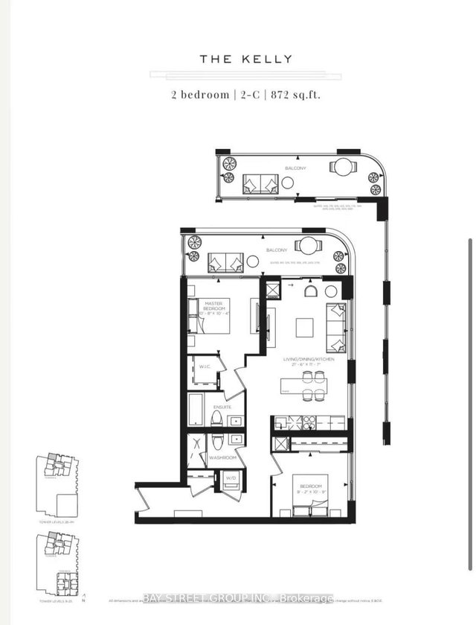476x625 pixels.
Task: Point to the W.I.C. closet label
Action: tap(203, 367)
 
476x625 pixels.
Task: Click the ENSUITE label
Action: tap(222, 407)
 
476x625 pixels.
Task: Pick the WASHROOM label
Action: tap(222, 457)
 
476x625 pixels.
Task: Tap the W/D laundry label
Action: tap(231, 478)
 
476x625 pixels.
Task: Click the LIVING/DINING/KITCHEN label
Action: tap(309, 360)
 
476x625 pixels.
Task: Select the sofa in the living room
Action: tap(336, 328)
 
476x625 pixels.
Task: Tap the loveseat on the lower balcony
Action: tap(226, 261)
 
